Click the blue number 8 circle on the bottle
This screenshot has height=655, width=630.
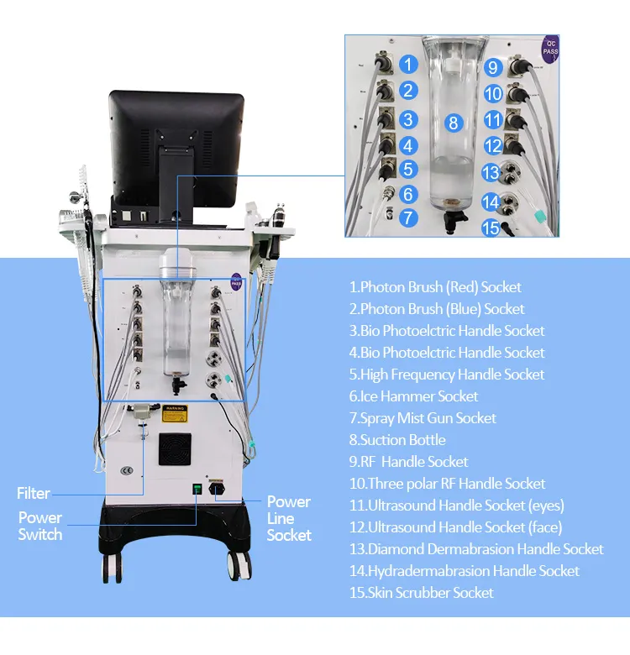pos(454,123)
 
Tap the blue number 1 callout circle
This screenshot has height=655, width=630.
pos(408,64)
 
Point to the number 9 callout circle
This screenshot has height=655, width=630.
pos(493,67)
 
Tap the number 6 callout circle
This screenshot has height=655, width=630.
pos(408,194)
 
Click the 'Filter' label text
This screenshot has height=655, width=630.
pos(34,493)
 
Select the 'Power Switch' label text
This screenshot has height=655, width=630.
pos(40,526)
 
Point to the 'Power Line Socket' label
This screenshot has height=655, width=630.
pos(289,518)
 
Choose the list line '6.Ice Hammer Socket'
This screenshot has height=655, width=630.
pos(414,396)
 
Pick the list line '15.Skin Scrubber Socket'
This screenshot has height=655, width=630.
pos(422,593)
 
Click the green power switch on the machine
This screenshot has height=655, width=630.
pos(197,488)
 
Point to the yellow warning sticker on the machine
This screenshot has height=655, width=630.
pos(174,412)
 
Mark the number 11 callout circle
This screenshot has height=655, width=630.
pos(493,120)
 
